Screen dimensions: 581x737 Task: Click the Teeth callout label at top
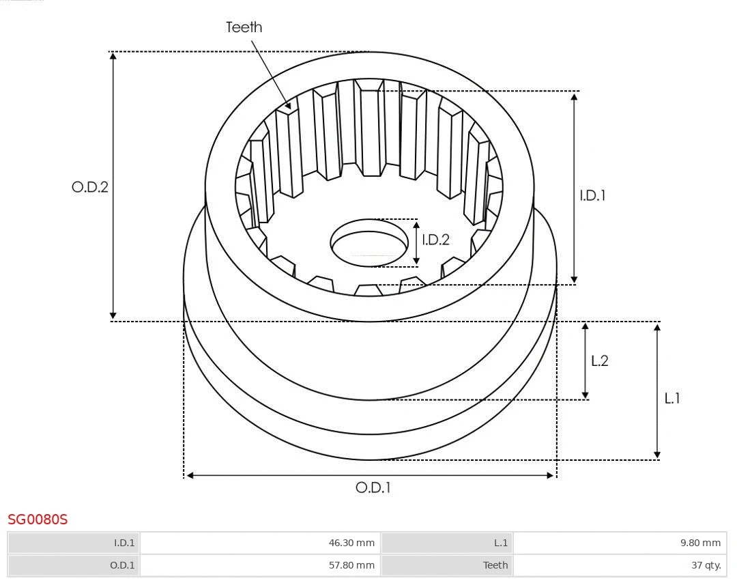click(244, 27)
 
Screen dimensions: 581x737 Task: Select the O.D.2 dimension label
click(90, 187)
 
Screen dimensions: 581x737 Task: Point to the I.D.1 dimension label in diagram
click(592, 195)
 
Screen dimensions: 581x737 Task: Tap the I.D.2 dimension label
click(435, 240)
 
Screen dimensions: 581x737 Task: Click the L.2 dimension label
click(599, 361)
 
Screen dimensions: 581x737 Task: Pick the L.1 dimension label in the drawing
click(672, 398)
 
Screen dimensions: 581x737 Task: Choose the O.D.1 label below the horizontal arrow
click(373, 487)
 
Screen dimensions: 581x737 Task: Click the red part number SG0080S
click(38, 520)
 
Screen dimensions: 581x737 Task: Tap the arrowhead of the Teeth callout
click(289, 107)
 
